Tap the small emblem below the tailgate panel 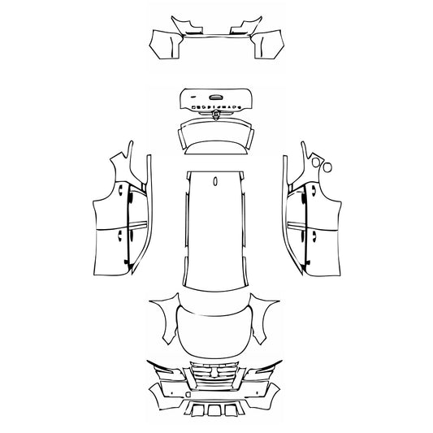coord(216,115)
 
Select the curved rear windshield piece coord(216,134)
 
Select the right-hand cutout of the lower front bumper coord(232,409)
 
